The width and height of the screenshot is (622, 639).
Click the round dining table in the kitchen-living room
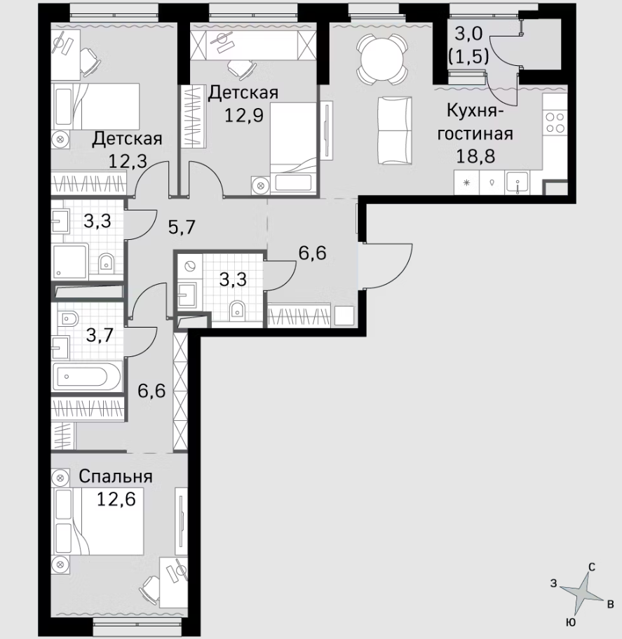(382, 59)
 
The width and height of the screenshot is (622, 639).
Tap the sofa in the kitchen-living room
(394, 130)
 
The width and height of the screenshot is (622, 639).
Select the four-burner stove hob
(555, 123)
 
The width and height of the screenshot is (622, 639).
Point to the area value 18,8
(475, 156)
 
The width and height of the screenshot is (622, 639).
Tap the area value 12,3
(128, 161)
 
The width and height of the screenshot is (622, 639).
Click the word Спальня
(116, 476)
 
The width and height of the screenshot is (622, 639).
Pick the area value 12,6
(116, 499)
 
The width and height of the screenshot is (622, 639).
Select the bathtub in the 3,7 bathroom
(86, 376)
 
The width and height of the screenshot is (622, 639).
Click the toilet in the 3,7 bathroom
(69, 318)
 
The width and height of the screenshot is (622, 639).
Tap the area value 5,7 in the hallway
(182, 227)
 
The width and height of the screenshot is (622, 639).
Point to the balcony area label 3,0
(468, 34)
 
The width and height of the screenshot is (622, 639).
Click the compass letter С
(592, 567)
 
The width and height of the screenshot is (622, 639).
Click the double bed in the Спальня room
(97, 521)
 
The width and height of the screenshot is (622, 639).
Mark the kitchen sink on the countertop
(518, 182)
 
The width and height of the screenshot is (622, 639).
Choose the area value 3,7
(100, 336)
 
